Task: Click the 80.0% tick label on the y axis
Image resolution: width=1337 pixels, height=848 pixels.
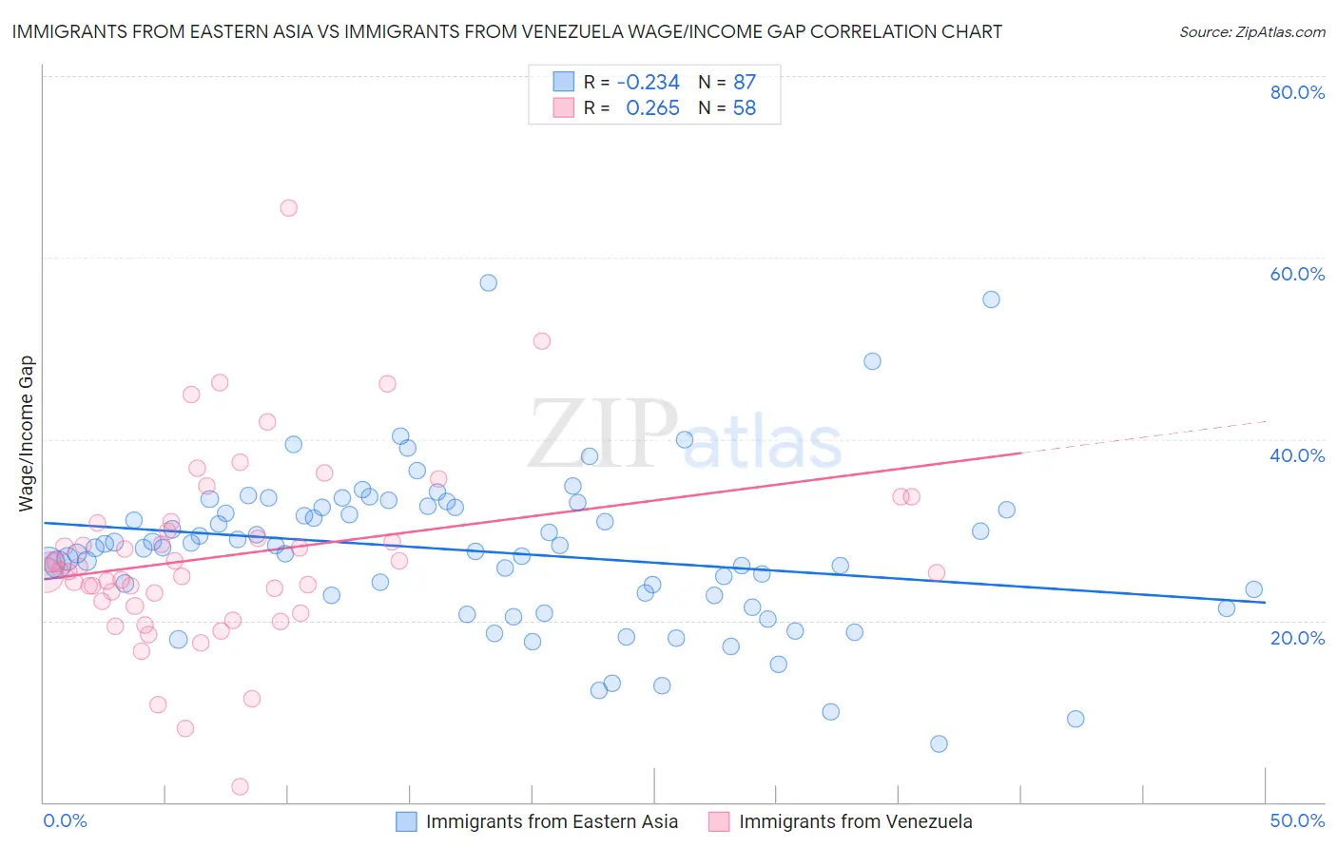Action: [x=1297, y=92]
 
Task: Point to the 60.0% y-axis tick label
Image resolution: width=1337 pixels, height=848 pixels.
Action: [x=1297, y=274]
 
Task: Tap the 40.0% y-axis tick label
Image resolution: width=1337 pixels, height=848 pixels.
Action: [x=1297, y=455]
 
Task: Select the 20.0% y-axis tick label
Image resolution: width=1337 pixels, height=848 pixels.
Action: [x=1297, y=637]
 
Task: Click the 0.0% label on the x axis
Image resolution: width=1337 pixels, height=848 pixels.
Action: [x=65, y=820]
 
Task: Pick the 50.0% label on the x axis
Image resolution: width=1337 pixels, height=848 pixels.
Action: [x=1297, y=820]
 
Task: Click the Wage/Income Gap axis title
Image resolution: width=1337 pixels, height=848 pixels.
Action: [x=27, y=434]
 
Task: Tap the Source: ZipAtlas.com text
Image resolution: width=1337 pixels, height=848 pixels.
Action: [x=1251, y=32]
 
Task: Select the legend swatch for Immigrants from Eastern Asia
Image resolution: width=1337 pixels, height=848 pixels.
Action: [x=406, y=821]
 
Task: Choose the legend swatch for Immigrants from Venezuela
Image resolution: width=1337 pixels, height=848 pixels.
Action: [x=719, y=821]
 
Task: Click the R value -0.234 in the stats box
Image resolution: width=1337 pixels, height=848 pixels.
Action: [x=648, y=83]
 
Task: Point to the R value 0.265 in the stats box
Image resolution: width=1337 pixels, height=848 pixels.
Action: [x=652, y=108]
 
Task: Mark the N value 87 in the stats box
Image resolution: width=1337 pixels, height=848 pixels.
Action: [x=744, y=83]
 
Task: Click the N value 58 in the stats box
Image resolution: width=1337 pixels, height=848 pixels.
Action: [x=744, y=108]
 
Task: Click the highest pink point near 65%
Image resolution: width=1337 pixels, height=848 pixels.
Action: [x=289, y=208]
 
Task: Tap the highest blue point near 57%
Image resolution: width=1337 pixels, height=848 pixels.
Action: [x=489, y=282]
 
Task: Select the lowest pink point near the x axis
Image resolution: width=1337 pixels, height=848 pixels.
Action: [x=241, y=786]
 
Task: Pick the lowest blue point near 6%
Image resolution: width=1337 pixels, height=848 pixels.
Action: [x=939, y=743]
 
